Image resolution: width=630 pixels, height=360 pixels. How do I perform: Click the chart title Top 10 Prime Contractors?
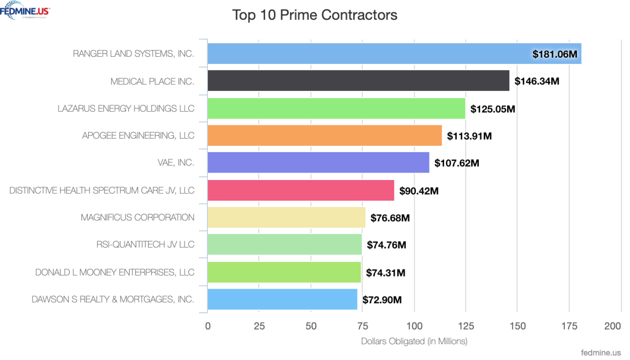314,15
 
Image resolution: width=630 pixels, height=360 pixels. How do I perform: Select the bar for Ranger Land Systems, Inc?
367,54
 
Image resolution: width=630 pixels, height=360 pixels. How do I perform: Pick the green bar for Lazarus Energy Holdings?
336,108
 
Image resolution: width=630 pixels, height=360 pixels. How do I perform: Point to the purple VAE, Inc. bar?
318,163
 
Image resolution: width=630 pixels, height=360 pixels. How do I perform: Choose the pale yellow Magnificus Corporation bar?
286,217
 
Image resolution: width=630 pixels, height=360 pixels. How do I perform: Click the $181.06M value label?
555,54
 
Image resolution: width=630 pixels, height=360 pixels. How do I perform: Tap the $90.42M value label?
419,190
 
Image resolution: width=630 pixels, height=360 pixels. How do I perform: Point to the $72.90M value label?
382,300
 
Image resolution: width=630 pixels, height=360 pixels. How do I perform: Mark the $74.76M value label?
386,245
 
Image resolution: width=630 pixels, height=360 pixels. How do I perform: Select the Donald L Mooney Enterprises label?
114,272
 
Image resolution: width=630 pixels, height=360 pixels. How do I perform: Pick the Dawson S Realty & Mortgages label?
113,300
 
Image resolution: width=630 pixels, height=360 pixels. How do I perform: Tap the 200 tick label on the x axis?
613,326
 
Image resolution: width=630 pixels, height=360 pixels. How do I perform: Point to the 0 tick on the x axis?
208,326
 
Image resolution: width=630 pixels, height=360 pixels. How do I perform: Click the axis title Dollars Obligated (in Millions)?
414,341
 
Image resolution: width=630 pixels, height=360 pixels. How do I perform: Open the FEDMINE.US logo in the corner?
25,10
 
